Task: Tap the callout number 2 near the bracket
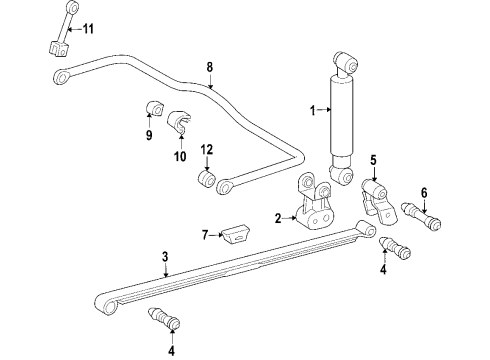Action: tap(279, 217)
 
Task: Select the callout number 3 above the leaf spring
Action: tap(165, 257)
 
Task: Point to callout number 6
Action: tap(423, 193)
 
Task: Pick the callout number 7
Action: tap(205, 235)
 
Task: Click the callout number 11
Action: tap(89, 27)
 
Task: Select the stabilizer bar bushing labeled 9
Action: tap(154, 107)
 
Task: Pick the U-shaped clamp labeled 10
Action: tap(180, 123)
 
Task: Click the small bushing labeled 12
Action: tap(207, 179)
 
